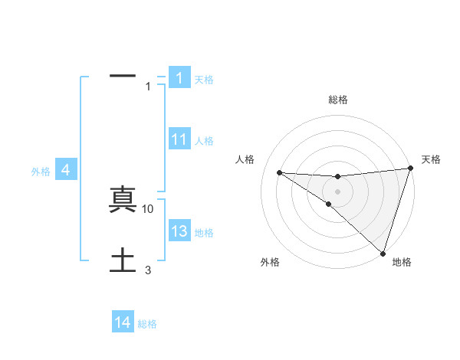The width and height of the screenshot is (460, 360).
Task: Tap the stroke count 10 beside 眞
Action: point(148,208)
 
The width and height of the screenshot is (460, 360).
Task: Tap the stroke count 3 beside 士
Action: point(148,270)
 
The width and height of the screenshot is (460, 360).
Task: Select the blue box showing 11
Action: point(179,139)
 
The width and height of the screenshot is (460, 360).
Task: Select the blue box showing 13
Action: point(179,231)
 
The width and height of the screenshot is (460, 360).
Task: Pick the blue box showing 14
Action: point(123,322)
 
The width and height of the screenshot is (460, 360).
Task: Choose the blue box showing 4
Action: point(66,170)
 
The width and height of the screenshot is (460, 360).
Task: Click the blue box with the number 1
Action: point(179,77)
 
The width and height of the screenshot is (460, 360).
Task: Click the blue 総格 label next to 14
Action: point(147,324)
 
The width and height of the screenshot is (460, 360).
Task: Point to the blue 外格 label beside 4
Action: point(41,172)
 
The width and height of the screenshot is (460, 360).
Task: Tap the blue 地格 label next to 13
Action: point(204,233)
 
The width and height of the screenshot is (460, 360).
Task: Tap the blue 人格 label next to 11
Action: point(204,141)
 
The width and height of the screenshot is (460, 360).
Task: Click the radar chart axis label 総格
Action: point(338,100)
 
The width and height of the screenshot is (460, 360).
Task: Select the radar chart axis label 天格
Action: point(431,159)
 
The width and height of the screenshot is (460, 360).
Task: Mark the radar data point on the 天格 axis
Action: point(411,169)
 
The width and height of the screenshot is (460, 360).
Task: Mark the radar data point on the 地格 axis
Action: point(383,253)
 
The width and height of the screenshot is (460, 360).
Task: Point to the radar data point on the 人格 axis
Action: point(279,172)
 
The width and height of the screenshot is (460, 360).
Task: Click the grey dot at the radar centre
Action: point(338,190)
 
